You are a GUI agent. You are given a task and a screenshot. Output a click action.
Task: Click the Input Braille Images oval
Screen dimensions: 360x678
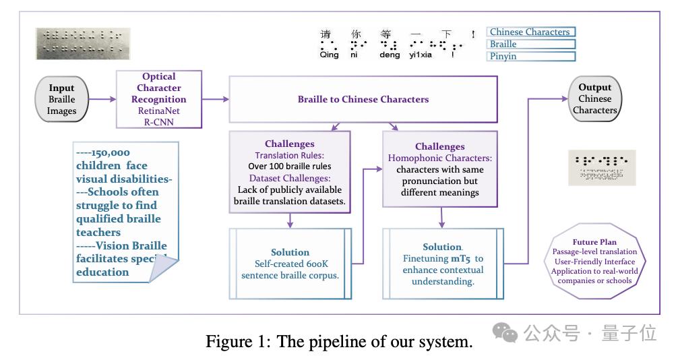tap(61, 100)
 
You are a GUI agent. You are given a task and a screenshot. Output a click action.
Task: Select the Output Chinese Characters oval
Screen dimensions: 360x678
tap(595, 99)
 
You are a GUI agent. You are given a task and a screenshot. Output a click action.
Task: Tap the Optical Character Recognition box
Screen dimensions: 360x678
tap(159, 100)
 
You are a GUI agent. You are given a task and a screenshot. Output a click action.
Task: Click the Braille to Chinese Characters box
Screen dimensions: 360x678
tap(363, 99)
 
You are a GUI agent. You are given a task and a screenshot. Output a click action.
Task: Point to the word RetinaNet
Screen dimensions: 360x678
tap(159, 111)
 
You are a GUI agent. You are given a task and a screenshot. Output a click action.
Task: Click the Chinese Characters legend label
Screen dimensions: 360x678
tap(530, 32)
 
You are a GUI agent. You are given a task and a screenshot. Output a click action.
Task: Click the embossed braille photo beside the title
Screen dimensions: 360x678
tap(84, 43)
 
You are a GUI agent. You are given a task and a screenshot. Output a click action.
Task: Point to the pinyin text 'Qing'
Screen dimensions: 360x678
tap(330, 56)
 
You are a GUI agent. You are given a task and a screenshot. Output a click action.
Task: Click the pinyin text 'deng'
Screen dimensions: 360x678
tap(390, 56)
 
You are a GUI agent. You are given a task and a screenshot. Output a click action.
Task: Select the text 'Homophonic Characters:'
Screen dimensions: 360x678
tap(439, 158)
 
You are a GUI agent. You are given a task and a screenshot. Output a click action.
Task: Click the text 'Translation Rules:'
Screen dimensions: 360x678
tap(289, 155)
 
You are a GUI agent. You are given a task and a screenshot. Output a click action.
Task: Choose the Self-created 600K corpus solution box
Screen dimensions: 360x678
tap(290, 263)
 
